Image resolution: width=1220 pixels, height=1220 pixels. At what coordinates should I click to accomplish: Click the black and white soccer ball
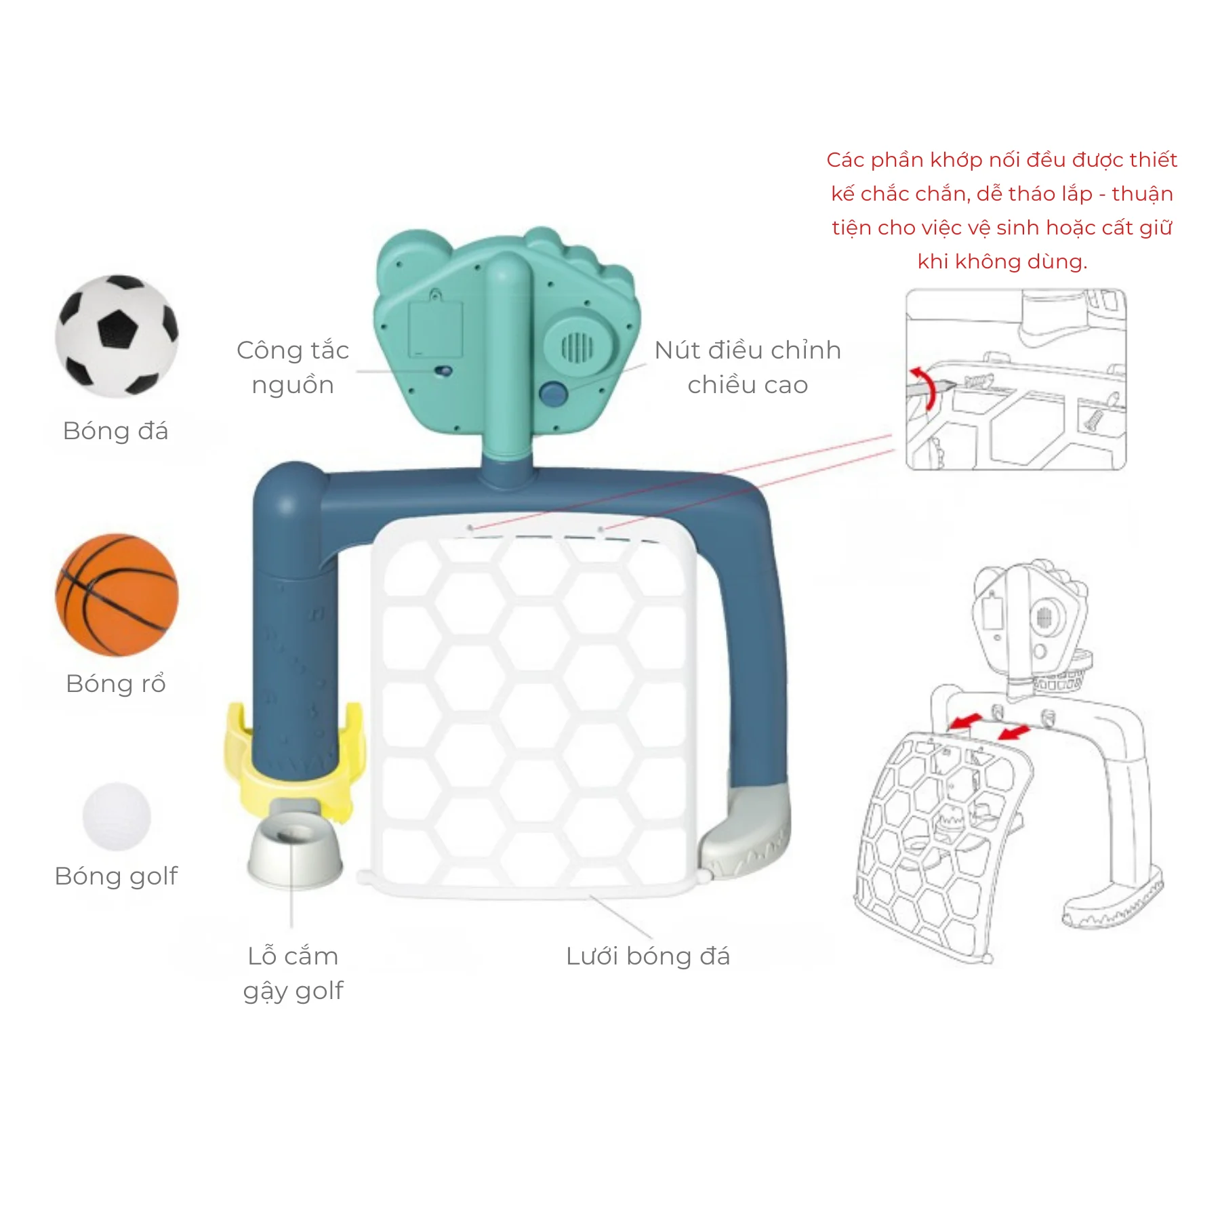117,335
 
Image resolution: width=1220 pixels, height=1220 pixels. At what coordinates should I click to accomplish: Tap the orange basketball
117,595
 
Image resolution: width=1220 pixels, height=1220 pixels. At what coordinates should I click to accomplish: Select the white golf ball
117,816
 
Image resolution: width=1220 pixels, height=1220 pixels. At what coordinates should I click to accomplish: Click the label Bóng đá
115,431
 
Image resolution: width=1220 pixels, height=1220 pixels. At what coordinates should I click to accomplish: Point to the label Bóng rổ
116,684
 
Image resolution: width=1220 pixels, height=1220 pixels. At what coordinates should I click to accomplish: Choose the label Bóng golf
116,876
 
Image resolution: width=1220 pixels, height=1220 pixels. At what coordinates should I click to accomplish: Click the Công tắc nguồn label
293,367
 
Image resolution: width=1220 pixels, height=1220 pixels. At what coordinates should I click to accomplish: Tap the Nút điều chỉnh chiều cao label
748,367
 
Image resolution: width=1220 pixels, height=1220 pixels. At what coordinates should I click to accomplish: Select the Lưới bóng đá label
648,956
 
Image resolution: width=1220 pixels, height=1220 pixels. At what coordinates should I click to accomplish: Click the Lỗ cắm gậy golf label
293,973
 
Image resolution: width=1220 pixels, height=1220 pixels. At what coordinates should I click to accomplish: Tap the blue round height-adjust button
553,394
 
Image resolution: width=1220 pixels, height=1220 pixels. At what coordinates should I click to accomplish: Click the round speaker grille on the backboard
577,348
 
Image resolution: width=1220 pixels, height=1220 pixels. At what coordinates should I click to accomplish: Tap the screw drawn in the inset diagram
1093,420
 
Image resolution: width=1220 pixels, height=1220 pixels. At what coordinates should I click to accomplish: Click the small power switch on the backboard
444,371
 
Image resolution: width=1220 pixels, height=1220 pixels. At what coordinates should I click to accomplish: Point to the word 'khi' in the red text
933,262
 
